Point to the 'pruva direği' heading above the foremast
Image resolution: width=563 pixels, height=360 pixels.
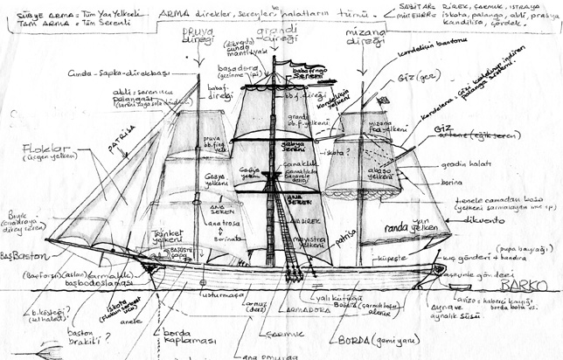[198, 36]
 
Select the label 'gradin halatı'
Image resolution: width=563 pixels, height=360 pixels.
[462, 166]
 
